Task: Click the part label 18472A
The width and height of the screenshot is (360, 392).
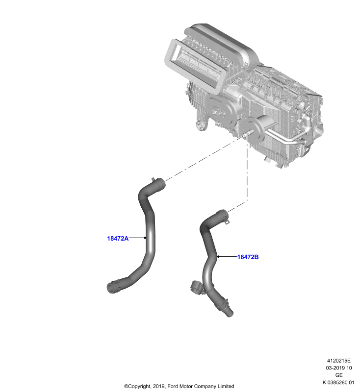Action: pos(118,239)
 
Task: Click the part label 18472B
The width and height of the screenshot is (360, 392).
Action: pos(248,257)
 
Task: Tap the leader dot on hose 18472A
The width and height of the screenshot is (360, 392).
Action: pos(145,238)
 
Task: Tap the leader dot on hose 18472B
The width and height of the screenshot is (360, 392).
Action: pos(218,256)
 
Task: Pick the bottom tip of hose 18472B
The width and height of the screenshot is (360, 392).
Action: pos(229,314)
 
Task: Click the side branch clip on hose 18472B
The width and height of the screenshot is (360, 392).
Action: pos(196,287)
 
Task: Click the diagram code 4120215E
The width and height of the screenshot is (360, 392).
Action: pos(339,361)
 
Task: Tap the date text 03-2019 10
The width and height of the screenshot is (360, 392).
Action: pos(339,368)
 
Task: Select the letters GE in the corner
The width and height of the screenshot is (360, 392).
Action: pos(339,375)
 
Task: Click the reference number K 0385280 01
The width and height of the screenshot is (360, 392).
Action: pos(339,382)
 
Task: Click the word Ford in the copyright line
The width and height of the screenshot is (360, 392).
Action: pos(172,386)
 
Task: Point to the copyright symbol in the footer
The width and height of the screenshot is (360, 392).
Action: pos(126,386)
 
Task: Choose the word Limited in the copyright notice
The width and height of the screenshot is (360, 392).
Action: pos(226,386)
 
